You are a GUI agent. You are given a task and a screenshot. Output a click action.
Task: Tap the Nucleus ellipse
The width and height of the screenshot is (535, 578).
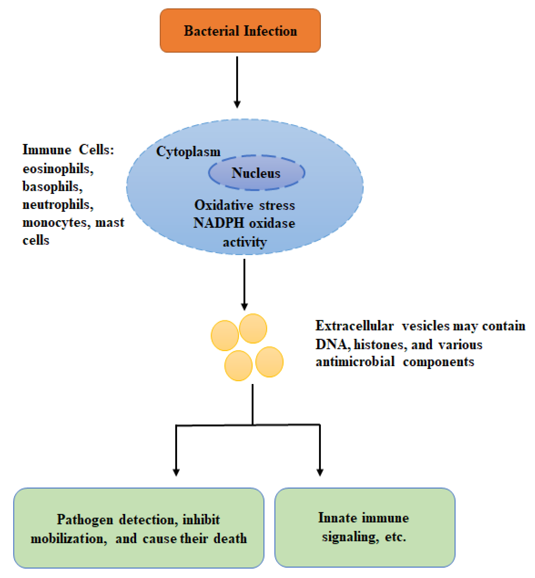pyautogui.click(x=256, y=173)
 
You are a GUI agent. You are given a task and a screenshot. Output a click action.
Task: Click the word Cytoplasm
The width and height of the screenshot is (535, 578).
pyautogui.click(x=188, y=151)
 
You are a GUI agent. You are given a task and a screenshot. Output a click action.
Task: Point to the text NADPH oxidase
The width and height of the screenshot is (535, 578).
pyautogui.click(x=244, y=223)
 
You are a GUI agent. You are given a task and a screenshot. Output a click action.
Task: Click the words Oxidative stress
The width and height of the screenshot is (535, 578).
pyautogui.click(x=245, y=205)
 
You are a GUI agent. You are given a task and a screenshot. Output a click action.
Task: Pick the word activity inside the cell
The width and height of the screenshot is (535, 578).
pyautogui.click(x=245, y=242)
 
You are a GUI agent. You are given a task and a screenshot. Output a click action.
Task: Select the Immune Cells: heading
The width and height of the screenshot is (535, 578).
pyautogui.click(x=68, y=150)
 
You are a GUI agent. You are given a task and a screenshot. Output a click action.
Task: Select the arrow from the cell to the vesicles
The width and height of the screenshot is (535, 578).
pyautogui.click(x=244, y=284)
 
